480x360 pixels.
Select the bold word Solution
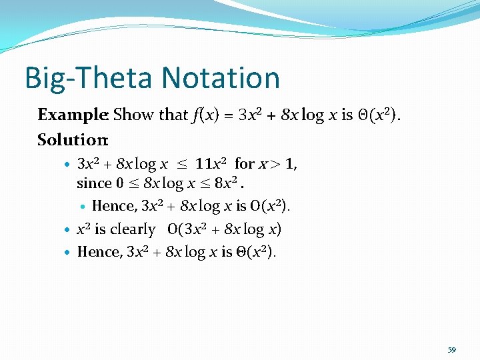click(x=72, y=140)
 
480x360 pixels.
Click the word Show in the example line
click(x=133, y=115)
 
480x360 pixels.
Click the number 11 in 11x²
click(x=203, y=163)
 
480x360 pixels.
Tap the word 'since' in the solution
click(x=93, y=182)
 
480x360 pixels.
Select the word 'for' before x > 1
click(x=245, y=163)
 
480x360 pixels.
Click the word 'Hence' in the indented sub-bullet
click(x=113, y=206)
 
